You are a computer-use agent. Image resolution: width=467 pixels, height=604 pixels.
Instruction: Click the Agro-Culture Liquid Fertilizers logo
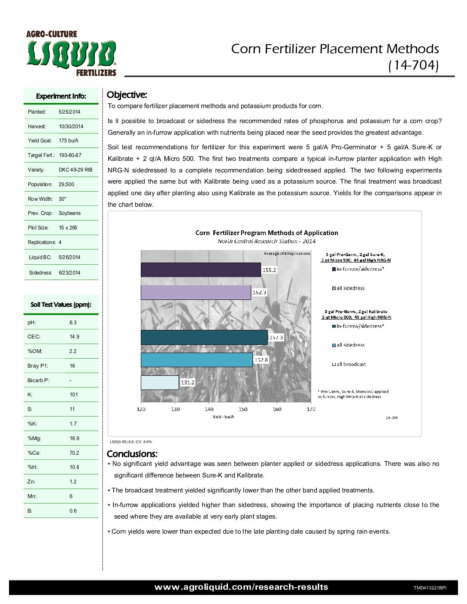click(71, 54)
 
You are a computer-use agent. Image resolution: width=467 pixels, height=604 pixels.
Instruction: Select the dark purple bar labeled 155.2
click(200, 270)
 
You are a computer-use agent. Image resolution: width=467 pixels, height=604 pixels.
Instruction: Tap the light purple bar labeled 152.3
click(196, 292)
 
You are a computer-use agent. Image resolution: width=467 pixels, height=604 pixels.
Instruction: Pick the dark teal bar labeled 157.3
click(204, 337)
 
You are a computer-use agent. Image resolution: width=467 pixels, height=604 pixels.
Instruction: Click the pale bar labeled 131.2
click(160, 382)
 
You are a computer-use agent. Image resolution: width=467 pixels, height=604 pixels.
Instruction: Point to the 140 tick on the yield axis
click(209, 409)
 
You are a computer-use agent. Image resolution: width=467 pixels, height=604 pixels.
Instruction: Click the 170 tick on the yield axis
click(311, 409)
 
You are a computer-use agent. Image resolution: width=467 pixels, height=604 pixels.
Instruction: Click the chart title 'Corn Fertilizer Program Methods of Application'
click(267, 233)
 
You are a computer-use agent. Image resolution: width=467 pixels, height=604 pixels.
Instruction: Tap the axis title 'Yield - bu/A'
click(223, 417)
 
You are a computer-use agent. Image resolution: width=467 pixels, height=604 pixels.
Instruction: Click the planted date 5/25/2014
click(70, 112)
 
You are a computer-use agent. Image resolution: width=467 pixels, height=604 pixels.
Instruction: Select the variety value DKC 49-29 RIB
click(76, 170)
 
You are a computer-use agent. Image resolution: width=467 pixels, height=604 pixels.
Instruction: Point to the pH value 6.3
click(73, 323)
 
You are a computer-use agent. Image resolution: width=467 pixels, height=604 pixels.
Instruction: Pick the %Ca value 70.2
click(74, 453)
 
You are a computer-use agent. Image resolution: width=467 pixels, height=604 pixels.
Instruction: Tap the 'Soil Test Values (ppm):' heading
click(61, 305)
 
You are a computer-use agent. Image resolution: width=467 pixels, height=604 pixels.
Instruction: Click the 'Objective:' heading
click(127, 95)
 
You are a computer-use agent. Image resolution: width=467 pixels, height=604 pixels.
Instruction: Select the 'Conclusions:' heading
click(132, 454)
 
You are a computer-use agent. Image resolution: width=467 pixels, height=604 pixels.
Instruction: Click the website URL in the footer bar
click(241, 587)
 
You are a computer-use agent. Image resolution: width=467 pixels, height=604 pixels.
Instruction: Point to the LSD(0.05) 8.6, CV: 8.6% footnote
click(131, 442)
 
